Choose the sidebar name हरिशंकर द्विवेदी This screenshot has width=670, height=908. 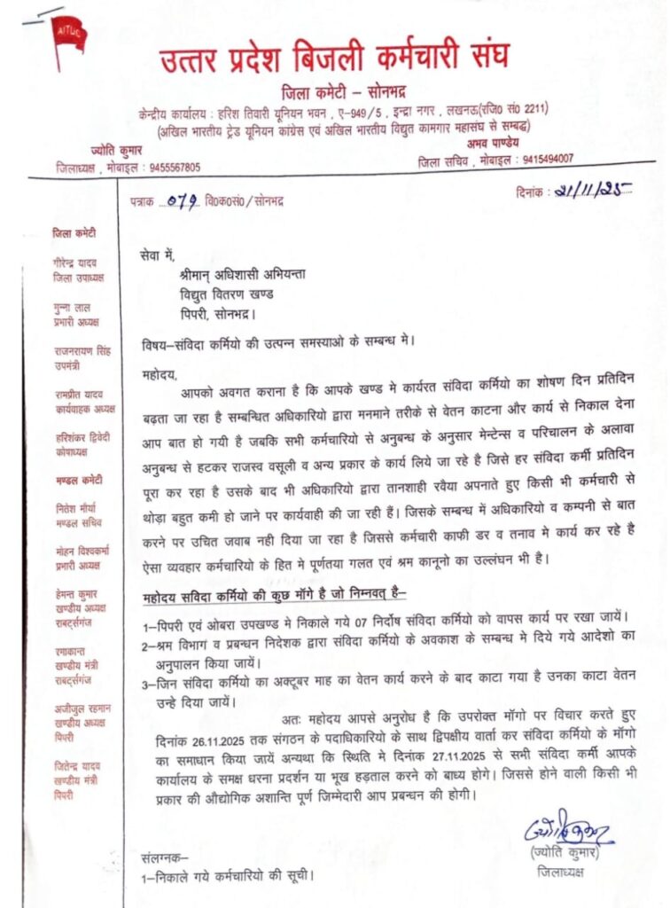81,437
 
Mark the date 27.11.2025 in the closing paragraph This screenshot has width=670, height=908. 404,754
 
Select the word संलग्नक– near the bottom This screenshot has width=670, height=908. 164,858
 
